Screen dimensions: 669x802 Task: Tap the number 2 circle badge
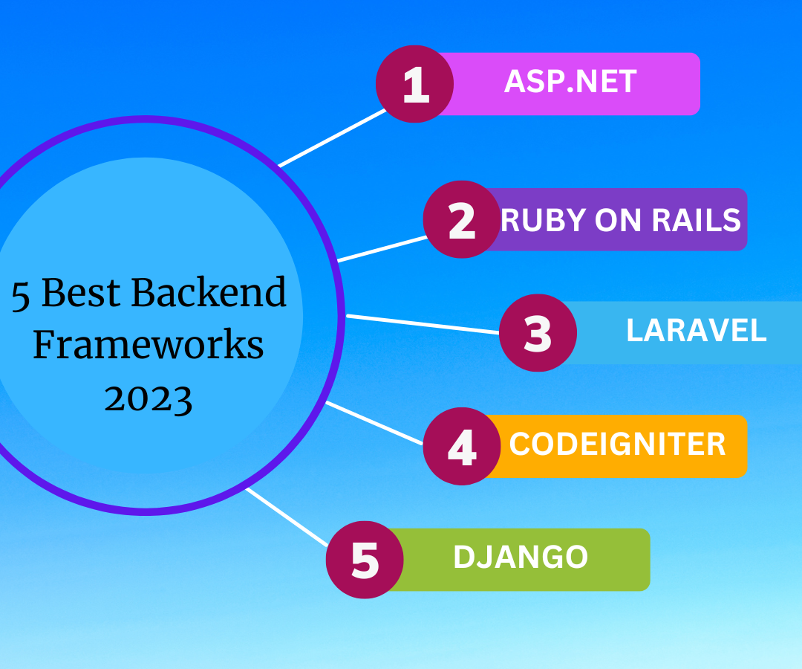point(462,220)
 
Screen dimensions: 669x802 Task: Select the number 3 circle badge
point(538,332)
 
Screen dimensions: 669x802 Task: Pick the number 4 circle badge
point(462,447)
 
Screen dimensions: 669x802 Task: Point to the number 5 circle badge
point(365,559)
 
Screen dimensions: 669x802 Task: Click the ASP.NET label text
point(570,82)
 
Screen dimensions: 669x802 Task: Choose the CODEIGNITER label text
point(617,445)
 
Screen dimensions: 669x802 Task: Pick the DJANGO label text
point(520,557)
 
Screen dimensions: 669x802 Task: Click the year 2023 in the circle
point(149,398)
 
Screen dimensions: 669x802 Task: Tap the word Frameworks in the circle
point(149,345)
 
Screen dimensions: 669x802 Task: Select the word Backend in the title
point(209,292)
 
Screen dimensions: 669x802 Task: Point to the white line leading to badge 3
point(423,324)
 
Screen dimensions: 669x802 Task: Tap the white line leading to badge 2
point(382,249)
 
